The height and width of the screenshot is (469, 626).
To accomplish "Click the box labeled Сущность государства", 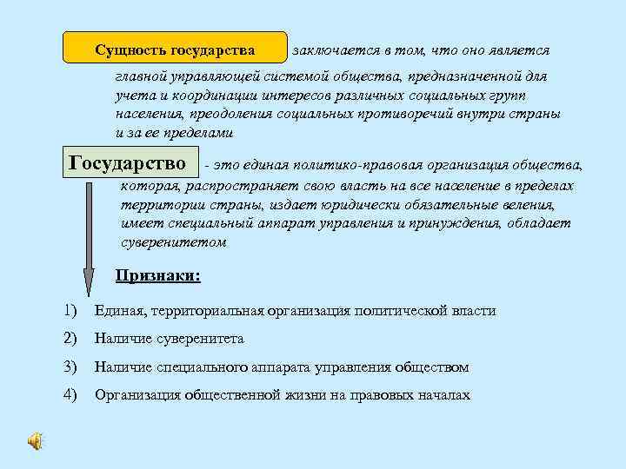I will point(175,48).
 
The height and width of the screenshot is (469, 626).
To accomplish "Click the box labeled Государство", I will point(128,164).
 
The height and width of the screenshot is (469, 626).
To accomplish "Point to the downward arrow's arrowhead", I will point(88,282).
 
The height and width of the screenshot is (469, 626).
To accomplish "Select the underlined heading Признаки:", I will point(158,277).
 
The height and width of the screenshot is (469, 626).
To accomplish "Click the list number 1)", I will point(70,310).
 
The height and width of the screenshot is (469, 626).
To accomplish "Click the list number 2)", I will point(70,339).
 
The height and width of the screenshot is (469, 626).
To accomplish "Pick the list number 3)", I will point(70,367).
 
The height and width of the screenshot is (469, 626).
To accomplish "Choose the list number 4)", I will point(70,395).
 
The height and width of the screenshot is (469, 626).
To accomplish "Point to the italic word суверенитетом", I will point(173,243).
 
